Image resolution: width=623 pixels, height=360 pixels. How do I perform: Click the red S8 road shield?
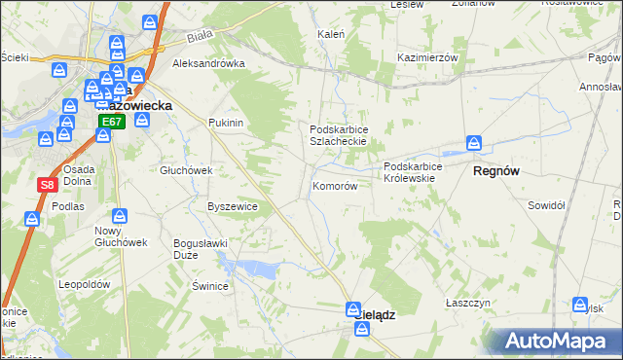coord(46,184)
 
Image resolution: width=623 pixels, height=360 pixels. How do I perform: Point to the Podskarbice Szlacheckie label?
coord(337,135)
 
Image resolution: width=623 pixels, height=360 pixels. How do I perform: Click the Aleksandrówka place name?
coord(207,63)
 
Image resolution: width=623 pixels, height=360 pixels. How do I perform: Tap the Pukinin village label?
coord(225,124)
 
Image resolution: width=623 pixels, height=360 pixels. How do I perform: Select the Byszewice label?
coord(233,206)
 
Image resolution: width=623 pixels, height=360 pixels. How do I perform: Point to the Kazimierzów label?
coord(427,58)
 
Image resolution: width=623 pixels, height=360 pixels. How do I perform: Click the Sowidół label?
coord(546,205)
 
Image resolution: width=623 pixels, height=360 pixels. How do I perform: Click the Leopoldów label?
coord(82,284)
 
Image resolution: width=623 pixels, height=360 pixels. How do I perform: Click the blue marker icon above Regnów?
coord(474,144)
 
